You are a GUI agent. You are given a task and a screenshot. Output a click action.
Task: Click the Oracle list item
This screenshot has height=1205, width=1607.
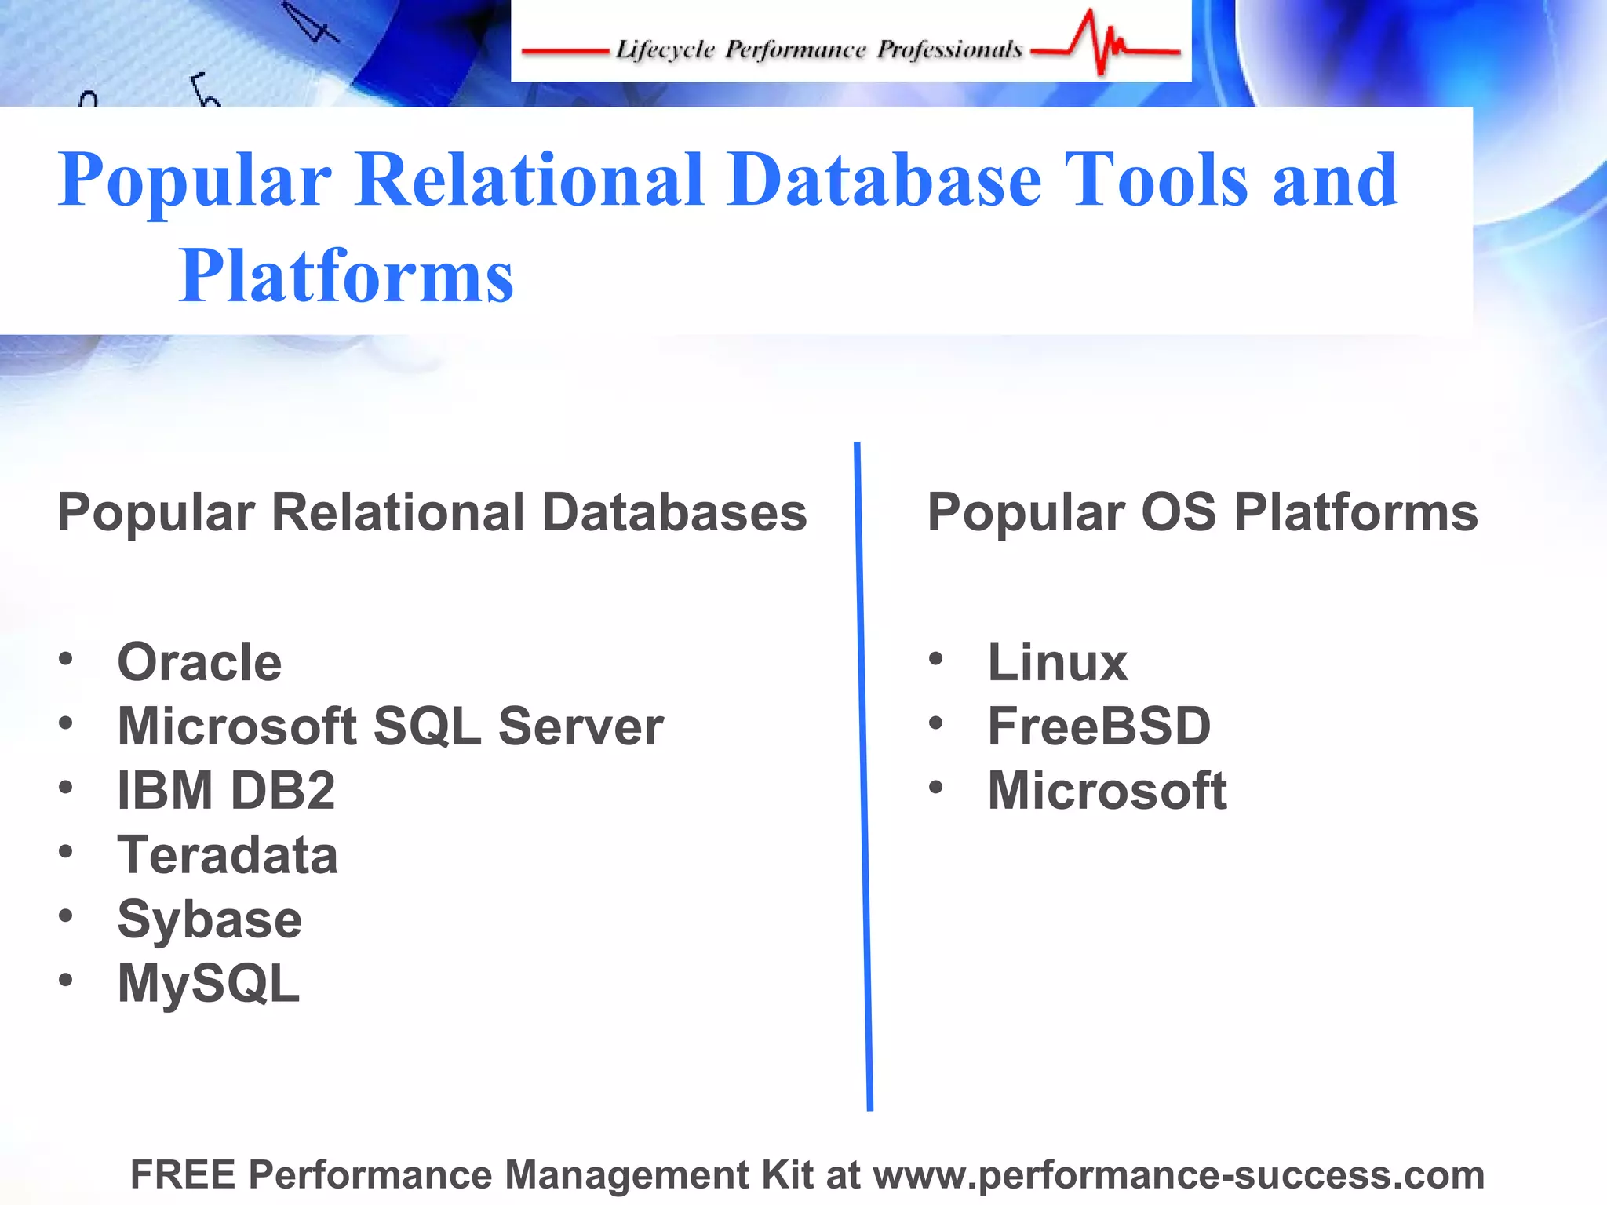click(199, 663)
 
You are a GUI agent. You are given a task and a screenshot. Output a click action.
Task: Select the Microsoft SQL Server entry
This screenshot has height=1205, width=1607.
click(390, 726)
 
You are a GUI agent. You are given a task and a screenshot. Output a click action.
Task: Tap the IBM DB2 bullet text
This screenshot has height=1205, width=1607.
click(226, 791)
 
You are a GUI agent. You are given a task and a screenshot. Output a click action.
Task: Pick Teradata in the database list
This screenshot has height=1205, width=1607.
click(228, 855)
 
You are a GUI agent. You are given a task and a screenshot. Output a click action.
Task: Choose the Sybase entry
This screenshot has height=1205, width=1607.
click(210, 919)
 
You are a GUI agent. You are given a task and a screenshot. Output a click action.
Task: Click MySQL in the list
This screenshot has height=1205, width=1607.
click(209, 984)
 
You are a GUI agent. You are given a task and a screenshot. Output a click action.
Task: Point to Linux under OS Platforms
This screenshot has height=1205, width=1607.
click(1057, 663)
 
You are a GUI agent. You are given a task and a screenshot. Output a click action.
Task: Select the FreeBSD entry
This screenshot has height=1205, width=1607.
click(1099, 726)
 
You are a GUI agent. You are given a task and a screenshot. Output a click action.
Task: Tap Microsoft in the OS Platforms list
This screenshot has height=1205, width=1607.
click(1106, 791)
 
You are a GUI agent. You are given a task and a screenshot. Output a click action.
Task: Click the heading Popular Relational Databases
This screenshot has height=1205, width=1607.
click(432, 513)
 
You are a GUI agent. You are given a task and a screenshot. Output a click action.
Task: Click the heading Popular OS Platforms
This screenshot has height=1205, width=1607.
click(1202, 513)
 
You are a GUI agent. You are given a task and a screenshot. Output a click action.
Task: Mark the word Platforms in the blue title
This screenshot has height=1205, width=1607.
click(345, 276)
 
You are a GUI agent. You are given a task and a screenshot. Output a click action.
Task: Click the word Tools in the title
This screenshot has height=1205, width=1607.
click(1155, 180)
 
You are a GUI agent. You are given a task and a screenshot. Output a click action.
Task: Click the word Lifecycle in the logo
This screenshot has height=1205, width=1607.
click(665, 49)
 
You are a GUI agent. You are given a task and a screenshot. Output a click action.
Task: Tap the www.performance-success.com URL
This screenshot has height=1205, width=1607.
click(1179, 1175)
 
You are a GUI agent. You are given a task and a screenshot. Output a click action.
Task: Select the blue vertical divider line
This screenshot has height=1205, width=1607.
click(863, 777)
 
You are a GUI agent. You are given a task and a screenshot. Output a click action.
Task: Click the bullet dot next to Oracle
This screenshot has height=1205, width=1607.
click(66, 658)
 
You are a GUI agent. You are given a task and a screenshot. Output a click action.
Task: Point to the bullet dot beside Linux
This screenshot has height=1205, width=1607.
click(935, 658)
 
